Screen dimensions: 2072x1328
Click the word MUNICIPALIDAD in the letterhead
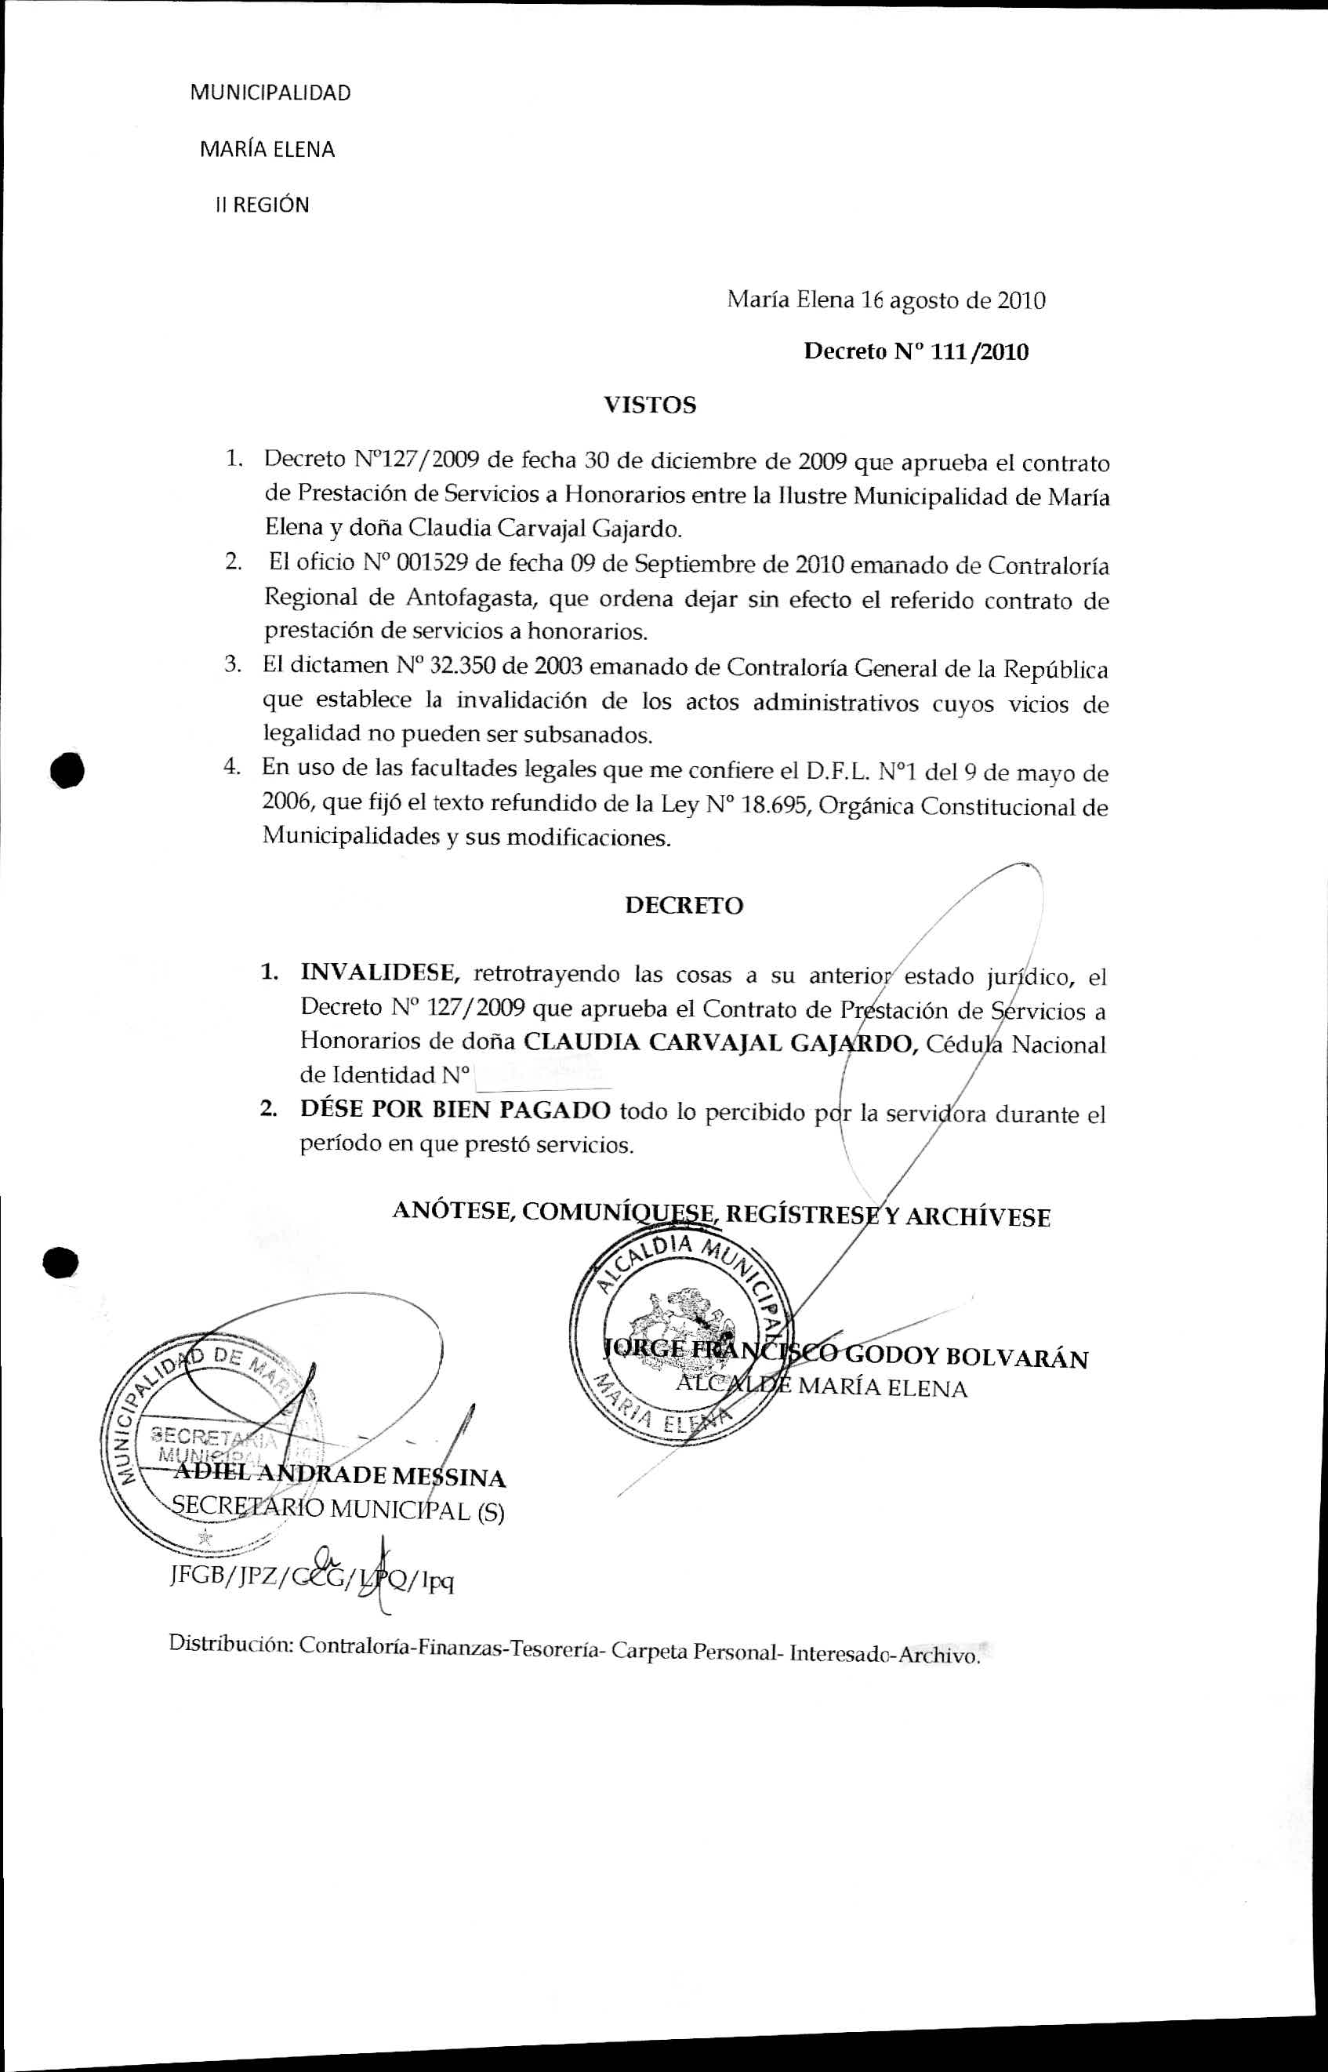270,93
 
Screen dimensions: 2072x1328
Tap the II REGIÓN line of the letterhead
261,205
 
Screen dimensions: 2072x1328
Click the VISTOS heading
649,405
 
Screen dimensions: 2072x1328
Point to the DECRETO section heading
684,906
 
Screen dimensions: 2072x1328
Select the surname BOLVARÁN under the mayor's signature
1017,1358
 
